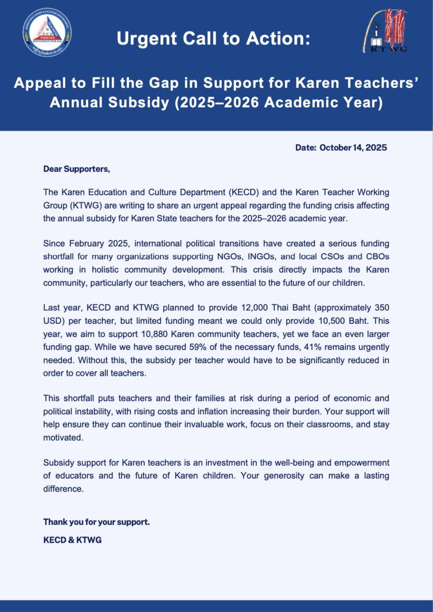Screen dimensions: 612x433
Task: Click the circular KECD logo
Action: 47,32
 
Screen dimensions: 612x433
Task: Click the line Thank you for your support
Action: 96,522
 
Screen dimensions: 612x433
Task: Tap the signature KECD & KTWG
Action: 72,540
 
